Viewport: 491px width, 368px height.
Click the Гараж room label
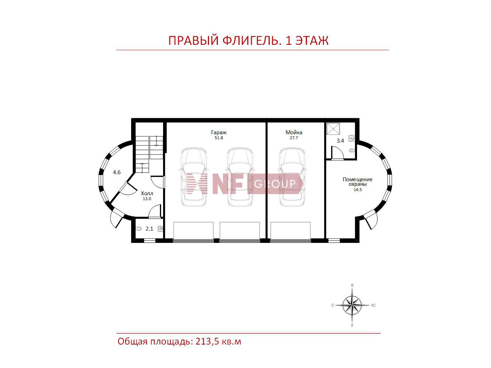tap(218, 132)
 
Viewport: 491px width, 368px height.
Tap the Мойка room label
tap(294, 132)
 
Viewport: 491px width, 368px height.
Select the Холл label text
tap(147, 193)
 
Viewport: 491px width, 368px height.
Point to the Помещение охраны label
tap(357, 182)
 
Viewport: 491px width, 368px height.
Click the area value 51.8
tap(219, 138)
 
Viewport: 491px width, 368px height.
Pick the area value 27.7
tap(294, 138)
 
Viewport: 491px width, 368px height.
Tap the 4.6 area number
tap(116, 172)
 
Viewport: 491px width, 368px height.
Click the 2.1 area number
tap(149, 229)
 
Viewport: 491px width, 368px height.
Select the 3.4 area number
tap(340, 141)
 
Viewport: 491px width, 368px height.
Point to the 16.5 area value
tap(357, 190)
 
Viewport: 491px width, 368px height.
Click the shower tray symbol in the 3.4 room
tap(333, 129)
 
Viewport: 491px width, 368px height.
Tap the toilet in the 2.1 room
tap(139, 229)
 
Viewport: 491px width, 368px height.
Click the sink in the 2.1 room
tap(160, 229)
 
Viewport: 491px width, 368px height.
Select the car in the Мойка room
tap(292, 177)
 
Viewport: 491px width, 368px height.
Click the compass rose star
tap(352, 305)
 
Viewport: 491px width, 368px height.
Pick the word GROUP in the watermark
tap(275, 184)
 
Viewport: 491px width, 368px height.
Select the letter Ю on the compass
tap(373, 305)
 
